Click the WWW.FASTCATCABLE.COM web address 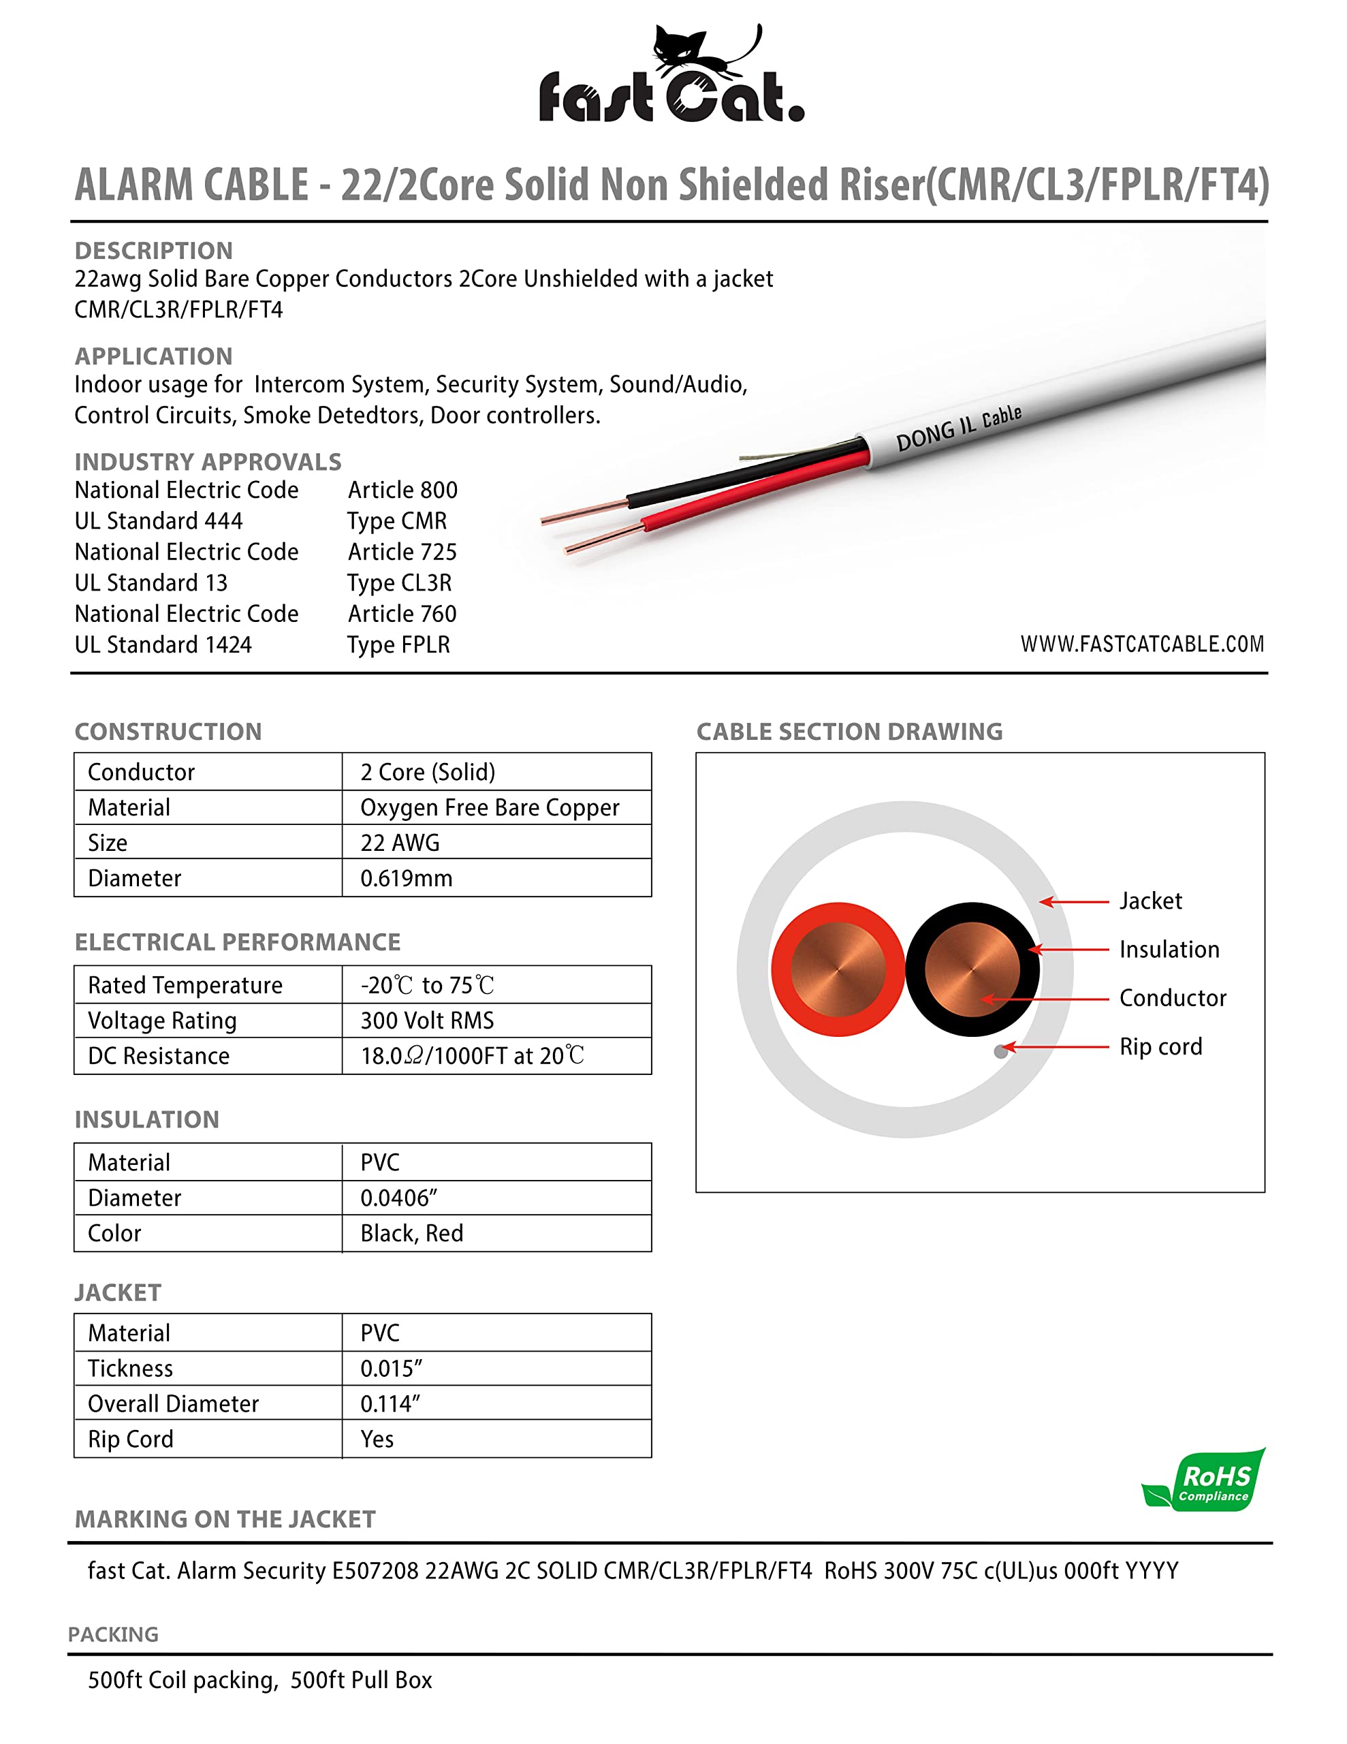(x=1142, y=644)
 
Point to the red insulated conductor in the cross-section (x=838, y=969)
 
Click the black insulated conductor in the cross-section (x=972, y=969)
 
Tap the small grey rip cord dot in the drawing (x=1000, y=1052)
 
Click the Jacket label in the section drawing (x=1150, y=901)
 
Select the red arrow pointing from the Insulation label (x=1070, y=950)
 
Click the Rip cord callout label (x=1160, y=1047)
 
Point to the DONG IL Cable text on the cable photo (x=958, y=428)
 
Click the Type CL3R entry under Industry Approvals (x=399, y=583)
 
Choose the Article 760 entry (x=402, y=614)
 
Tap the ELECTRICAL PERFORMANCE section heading (x=237, y=942)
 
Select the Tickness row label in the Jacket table (x=130, y=1369)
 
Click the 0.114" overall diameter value (x=390, y=1404)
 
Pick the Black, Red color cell (x=411, y=1234)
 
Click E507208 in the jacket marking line (x=375, y=1571)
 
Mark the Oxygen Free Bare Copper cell (x=490, y=808)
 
